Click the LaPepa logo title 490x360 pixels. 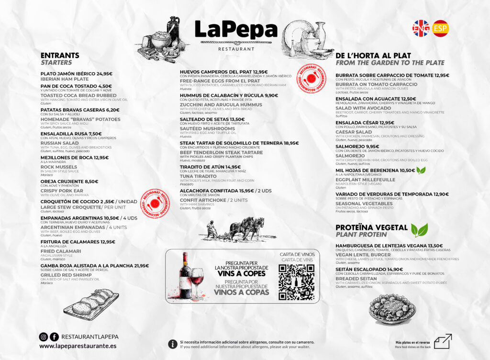pyautogui.click(x=236, y=30)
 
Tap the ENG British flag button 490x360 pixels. pyautogui.click(x=421, y=28)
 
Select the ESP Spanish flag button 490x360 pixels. pyautogui.click(x=440, y=28)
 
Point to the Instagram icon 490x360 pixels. pyautogui.click(x=44, y=337)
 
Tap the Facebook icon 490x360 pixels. pyautogui.click(x=55, y=337)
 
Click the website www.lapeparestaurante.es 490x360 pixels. pyautogui.click(x=78, y=346)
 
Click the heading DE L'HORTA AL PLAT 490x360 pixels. pyautogui.click(x=373, y=55)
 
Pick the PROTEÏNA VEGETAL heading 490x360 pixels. pyautogui.click(x=371, y=228)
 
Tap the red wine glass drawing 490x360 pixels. pyautogui.click(x=197, y=281)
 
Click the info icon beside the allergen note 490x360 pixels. pyautogui.click(x=173, y=344)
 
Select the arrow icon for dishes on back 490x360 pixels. pyautogui.click(x=442, y=341)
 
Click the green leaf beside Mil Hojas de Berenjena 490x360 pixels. pyautogui.click(x=421, y=170)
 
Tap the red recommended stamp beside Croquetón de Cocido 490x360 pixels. pyautogui.click(x=156, y=204)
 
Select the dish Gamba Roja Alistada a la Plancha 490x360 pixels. pyautogui.click(x=94, y=265)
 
